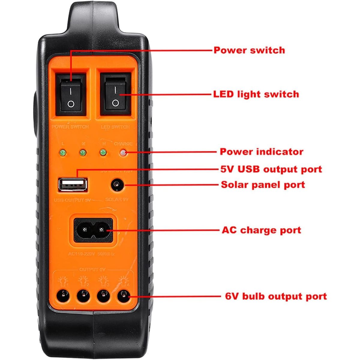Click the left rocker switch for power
coord(71,94)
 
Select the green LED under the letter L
coord(63,153)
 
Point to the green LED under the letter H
coord(103,153)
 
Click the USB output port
coord(73,185)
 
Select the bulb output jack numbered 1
coord(63,297)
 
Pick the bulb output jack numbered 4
coord(123,297)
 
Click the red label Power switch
coord(249,50)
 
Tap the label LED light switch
coord(256,94)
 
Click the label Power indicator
coord(261,151)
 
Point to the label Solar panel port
coord(263,184)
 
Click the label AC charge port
coord(261,230)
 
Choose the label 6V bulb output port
coord(276,296)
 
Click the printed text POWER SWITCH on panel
coord(70,127)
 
